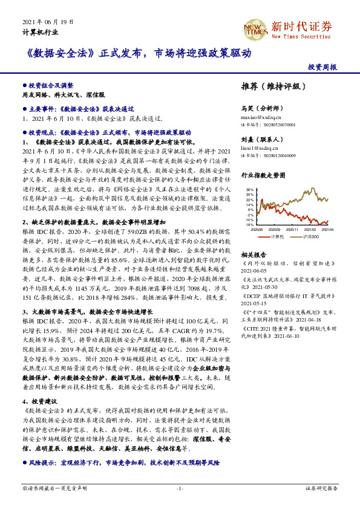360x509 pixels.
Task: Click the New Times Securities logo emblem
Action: pos(254,27)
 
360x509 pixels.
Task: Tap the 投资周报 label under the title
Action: pos(322,67)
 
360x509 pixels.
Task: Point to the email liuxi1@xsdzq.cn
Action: pos(257,148)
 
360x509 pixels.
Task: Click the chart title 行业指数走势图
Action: pos(262,175)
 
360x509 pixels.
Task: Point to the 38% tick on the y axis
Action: pos(249,190)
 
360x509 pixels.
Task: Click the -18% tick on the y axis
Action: pos(249,224)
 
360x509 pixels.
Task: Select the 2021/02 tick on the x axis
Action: pos(309,230)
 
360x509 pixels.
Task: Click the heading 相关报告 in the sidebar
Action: pos(252,255)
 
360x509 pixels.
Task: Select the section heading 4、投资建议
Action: pos(41,401)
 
